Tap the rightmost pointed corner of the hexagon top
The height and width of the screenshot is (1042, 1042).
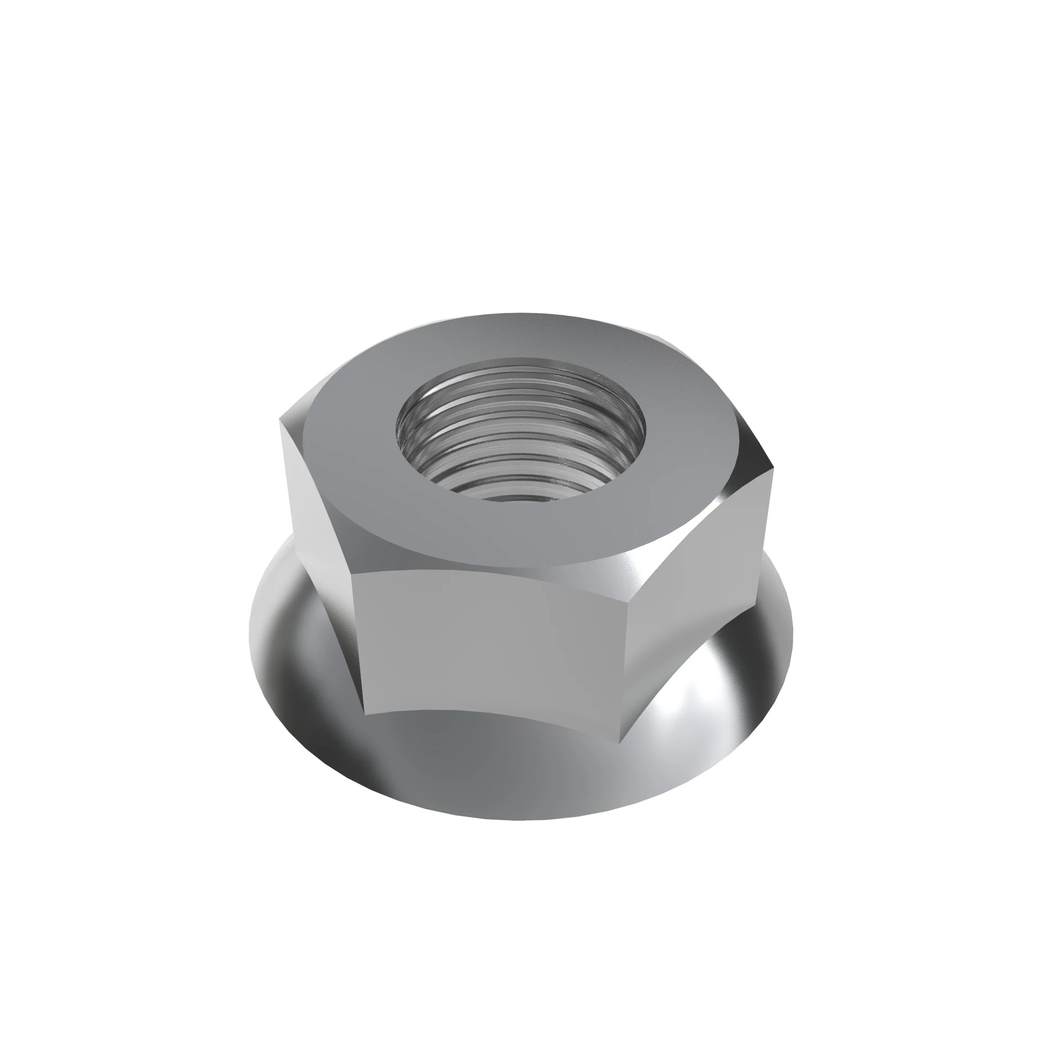(772, 470)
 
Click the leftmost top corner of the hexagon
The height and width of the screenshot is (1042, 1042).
(280, 419)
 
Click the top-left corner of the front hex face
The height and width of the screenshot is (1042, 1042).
(351, 573)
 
